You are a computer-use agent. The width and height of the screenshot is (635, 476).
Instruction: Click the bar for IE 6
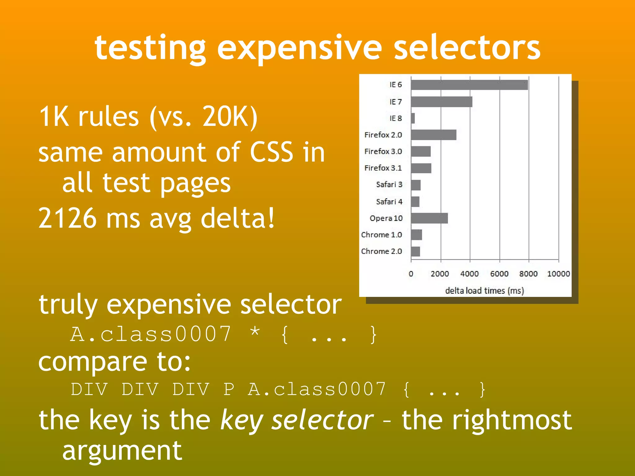469,85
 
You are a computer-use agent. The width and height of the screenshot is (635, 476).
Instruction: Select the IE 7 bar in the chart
442,102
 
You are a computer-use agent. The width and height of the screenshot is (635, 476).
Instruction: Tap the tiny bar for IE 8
413,118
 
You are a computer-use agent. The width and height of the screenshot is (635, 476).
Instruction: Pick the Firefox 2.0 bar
433,135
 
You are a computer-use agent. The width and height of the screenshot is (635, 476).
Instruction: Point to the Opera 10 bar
429,218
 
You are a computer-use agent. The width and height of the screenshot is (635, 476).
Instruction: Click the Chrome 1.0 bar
416,235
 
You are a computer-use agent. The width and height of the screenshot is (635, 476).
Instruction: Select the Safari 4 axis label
389,202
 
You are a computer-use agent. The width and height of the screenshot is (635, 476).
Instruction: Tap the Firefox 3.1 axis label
383,168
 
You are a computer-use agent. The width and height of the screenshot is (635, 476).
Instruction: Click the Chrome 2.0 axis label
381,251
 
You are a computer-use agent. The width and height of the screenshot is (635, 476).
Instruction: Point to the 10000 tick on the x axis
558,274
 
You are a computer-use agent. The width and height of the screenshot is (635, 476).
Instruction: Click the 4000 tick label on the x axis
469,274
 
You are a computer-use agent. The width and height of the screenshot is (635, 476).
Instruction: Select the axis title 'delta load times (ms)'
484,291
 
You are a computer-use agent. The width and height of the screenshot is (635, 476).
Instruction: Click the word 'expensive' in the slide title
299,48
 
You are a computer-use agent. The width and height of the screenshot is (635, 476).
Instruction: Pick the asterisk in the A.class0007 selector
255,332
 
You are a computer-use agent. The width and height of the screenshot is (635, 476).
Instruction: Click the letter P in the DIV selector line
229,389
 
